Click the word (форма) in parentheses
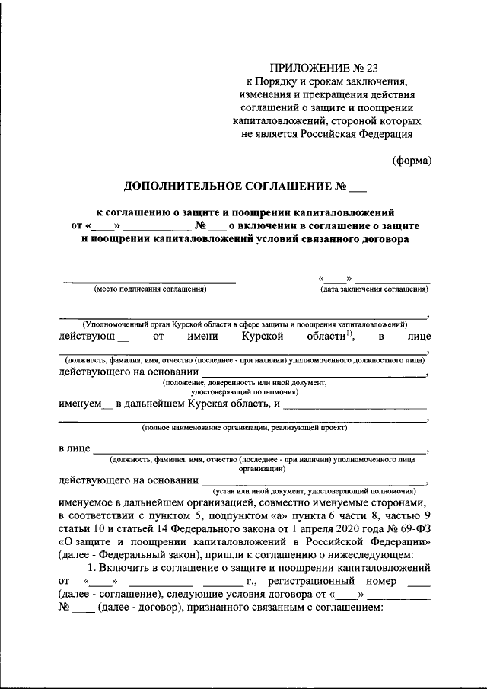(x=412, y=160)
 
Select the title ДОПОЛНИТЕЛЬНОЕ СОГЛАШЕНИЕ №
(x=234, y=186)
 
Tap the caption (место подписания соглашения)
(x=150, y=289)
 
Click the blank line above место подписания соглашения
(x=150, y=282)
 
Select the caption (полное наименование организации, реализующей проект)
(x=244, y=429)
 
